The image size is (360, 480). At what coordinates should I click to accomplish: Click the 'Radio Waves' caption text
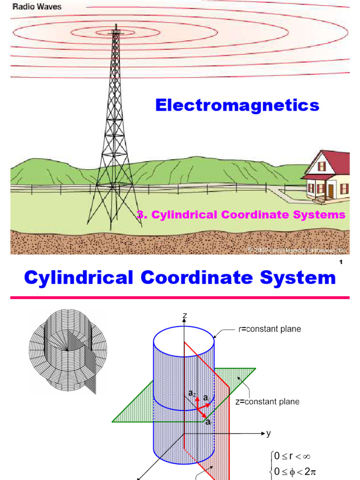coord(36,7)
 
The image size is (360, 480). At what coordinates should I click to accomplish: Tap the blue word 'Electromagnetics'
coord(237,106)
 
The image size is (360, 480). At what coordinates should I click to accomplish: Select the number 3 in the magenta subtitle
coord(139,215)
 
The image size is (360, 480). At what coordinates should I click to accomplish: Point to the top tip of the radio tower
coord(114,29)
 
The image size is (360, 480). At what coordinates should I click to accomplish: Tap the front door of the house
coord(331,190)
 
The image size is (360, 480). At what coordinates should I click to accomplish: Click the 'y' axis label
coord(269,434)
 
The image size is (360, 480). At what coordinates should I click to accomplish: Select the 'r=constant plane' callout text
coord(268,329)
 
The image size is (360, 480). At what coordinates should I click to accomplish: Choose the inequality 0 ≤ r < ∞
coord(293,456)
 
